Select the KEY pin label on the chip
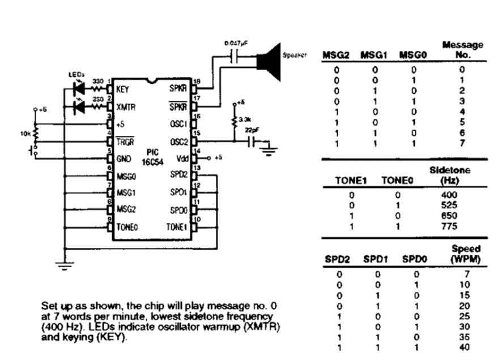[123, 90]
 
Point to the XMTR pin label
[125, 107]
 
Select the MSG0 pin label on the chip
[126, 176]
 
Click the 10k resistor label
[25, 134]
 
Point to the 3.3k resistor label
[244, 121]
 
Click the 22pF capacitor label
[250, 131]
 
